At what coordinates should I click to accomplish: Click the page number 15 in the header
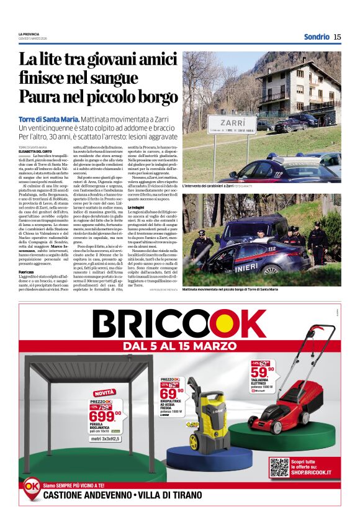pos(337,37)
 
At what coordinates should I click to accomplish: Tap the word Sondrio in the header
pos(317,37)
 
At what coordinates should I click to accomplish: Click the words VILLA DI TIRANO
pos(171,495)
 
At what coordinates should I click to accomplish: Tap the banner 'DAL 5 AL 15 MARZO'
pos(180,345)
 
